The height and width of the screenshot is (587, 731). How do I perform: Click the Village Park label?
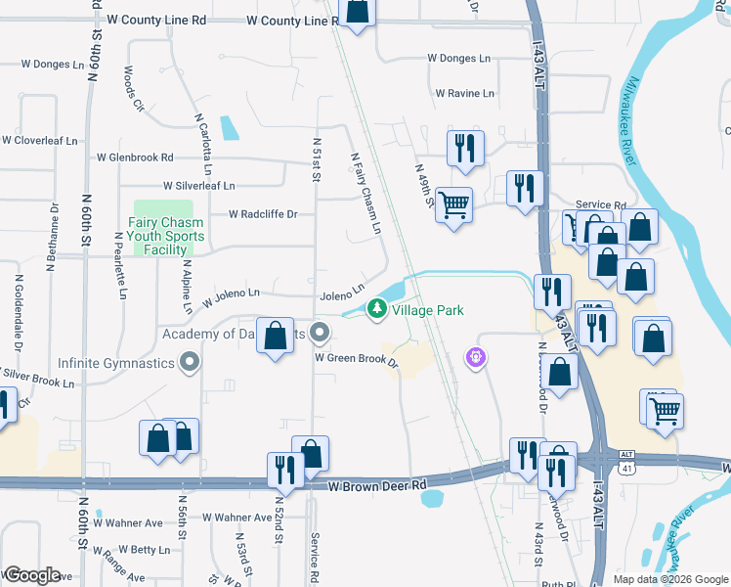click(x=428, y=310)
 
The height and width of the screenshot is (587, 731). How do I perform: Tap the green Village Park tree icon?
click(x=375, y=310)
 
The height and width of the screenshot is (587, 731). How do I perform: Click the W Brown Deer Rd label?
click(x=378, y=485)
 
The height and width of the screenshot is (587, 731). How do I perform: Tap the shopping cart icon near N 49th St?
click(x=453, y=205)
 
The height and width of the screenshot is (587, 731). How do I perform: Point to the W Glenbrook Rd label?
click(x=135, y=157)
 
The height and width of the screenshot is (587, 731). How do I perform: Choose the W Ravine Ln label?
click(x=464, y=94)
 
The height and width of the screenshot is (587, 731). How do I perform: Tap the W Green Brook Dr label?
click(x=356, y=359)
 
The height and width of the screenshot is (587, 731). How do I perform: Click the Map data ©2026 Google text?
click(x=670, y=579)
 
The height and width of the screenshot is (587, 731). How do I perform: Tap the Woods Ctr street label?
click(x=134, y=88)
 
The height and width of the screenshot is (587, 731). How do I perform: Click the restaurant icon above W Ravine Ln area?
click(x=463, y=148)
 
